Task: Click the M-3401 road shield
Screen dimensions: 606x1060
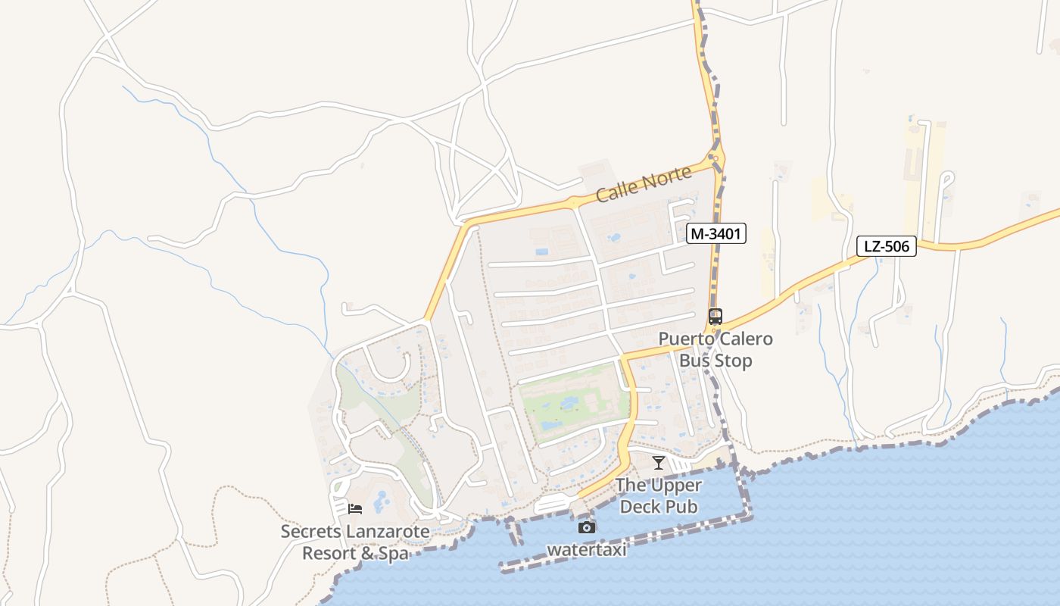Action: point(716,234)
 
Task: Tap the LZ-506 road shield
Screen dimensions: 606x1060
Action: point(887,246)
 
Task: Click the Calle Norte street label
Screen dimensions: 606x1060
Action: point(644,185)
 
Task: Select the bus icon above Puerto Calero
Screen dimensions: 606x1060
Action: point(715,317)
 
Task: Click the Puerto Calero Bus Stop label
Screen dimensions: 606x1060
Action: point(715,349)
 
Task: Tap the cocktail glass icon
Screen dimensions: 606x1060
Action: point(659,463)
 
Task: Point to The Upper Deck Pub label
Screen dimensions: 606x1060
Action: point(659,495)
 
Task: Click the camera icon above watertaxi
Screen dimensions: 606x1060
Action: point(587,527)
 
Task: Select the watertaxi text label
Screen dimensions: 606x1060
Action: point(587,550)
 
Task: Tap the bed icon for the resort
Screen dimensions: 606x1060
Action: point(355,509)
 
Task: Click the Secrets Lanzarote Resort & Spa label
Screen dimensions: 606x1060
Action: point(355,542)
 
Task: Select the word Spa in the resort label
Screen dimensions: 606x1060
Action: point(393,554)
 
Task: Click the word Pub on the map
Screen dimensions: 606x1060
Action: point(681,506)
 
